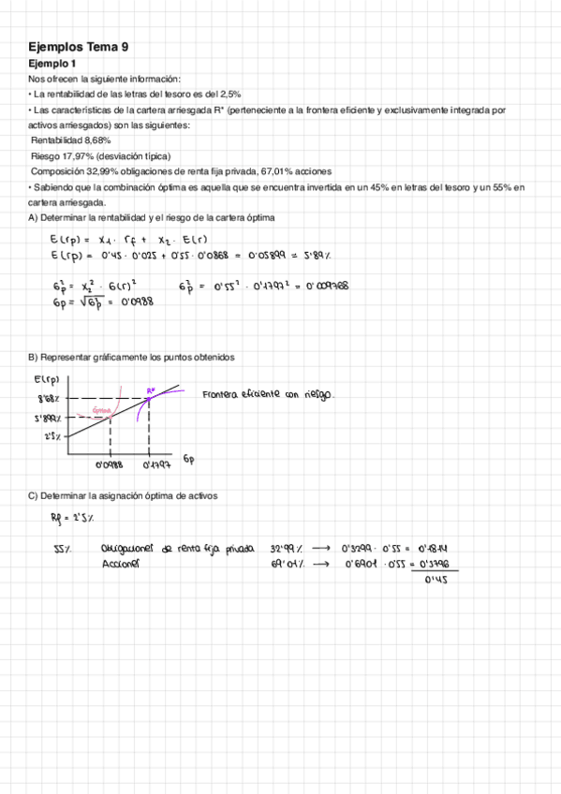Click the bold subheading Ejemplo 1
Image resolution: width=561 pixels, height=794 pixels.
point(52,64)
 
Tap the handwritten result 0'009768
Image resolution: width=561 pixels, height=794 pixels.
point(324,287)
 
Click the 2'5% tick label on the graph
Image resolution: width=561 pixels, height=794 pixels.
point(52,437)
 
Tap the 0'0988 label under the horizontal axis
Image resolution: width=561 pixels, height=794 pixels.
point(111,463)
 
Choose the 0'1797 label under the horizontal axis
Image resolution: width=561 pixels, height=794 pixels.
point(156,463)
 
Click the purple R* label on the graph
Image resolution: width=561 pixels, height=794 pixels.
point(151,390)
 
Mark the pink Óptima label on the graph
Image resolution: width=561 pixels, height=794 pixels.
point(102,410)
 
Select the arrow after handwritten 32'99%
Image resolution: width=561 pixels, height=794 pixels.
point(320,549)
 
